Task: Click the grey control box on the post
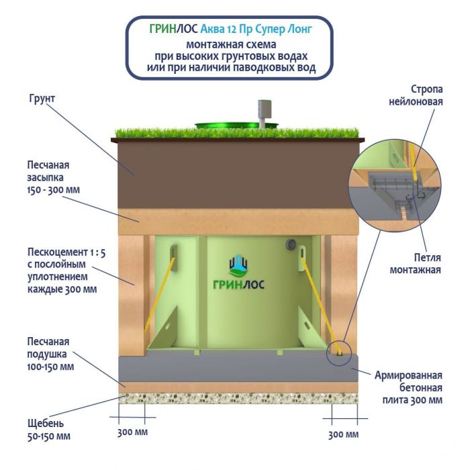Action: [264, 109]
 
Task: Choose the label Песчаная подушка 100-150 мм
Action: [50, 354]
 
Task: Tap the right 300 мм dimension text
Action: [344, 434]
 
